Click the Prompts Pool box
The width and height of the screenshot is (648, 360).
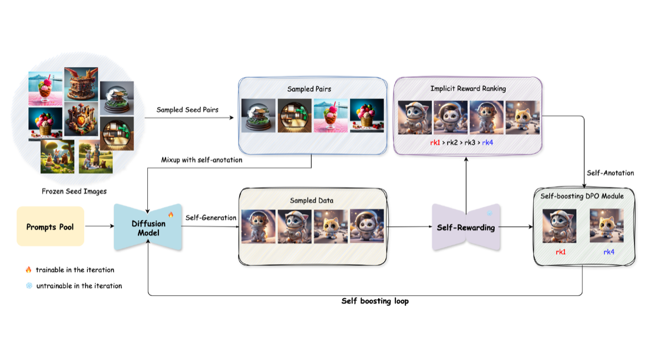[x=51, y=226]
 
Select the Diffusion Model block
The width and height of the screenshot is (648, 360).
[x=148, y=227]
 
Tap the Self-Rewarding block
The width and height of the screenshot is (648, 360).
[x=466, y=227]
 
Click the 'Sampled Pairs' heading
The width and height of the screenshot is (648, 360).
[x=309, y=89]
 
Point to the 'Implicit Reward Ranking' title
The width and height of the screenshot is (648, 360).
[x=468, y=88]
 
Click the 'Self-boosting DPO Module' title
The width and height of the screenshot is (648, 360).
[x=582, y=196]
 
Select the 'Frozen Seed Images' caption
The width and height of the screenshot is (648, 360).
[x=74, y=191]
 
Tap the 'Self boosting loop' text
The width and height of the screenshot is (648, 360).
[x=375, y=301]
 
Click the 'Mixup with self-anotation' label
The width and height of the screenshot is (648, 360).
[x=201, y=160]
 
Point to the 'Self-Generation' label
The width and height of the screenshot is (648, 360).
[x=211, y=217]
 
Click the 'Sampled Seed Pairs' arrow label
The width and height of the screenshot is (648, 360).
[x=187, y=110]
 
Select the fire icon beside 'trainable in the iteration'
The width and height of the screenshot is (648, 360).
[x=28, y=269]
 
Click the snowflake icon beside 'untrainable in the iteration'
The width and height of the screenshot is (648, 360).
[x=29, y=286]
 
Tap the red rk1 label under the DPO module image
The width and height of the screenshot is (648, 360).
[x=560, y=252]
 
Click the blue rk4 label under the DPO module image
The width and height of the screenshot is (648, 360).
[x=609, y=252]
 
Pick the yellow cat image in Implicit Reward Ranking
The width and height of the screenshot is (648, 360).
[x=523, y=117]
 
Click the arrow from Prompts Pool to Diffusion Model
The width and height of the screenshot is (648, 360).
[x=99, y=226]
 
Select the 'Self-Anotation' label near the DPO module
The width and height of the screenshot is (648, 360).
[x=610, y=173]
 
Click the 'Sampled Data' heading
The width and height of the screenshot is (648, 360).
[x=312, y=200]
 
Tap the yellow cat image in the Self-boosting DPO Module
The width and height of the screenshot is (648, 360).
[x=607, y=226]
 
